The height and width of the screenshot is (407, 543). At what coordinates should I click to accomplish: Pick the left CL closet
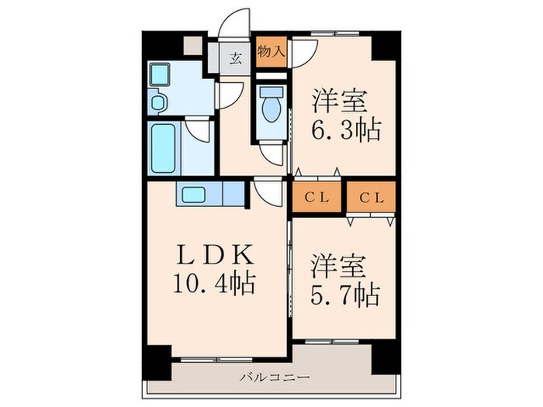pyautogui.click(x=316, y=196)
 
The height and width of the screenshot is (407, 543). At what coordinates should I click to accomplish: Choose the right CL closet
pyautogui.click(x=371, y=196)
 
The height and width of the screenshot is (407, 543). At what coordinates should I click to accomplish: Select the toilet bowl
pyautogui.click(x=271, y=108)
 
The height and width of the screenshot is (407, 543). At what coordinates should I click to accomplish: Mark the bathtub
pyautogui.click(x=163, y=147)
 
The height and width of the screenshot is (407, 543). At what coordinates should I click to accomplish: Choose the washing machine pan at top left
pyautogui.click(x=160, y=75)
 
